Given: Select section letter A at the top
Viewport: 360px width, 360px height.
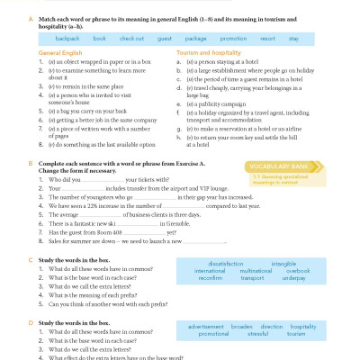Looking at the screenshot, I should click(32, 18).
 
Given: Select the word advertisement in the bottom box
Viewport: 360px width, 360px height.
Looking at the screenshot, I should click(207, 327).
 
